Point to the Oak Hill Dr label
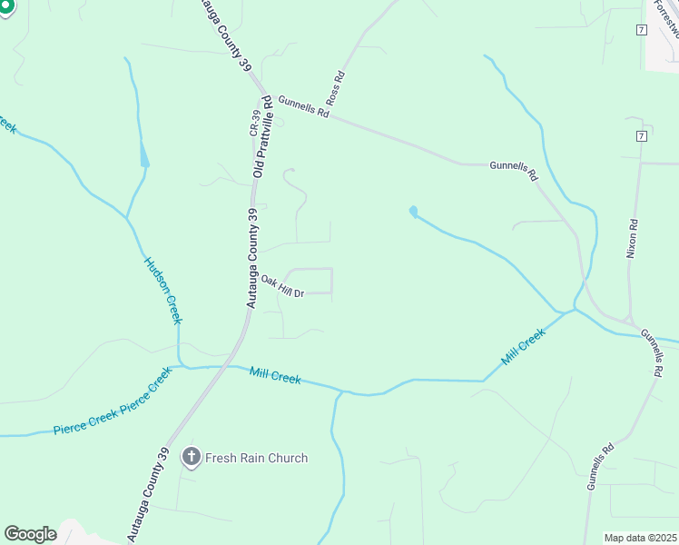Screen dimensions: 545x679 281,286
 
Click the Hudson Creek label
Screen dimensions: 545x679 163,290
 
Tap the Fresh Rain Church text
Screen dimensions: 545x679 257,458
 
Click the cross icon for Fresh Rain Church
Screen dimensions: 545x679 191,458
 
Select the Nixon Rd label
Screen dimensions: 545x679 633,238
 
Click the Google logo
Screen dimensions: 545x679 30,534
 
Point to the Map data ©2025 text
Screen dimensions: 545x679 639,538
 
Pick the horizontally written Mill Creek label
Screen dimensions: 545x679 275,375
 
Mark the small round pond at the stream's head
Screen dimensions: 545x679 414,212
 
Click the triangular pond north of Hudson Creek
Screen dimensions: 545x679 143,156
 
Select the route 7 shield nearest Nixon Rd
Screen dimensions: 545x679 641,136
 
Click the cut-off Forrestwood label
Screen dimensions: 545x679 665,20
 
